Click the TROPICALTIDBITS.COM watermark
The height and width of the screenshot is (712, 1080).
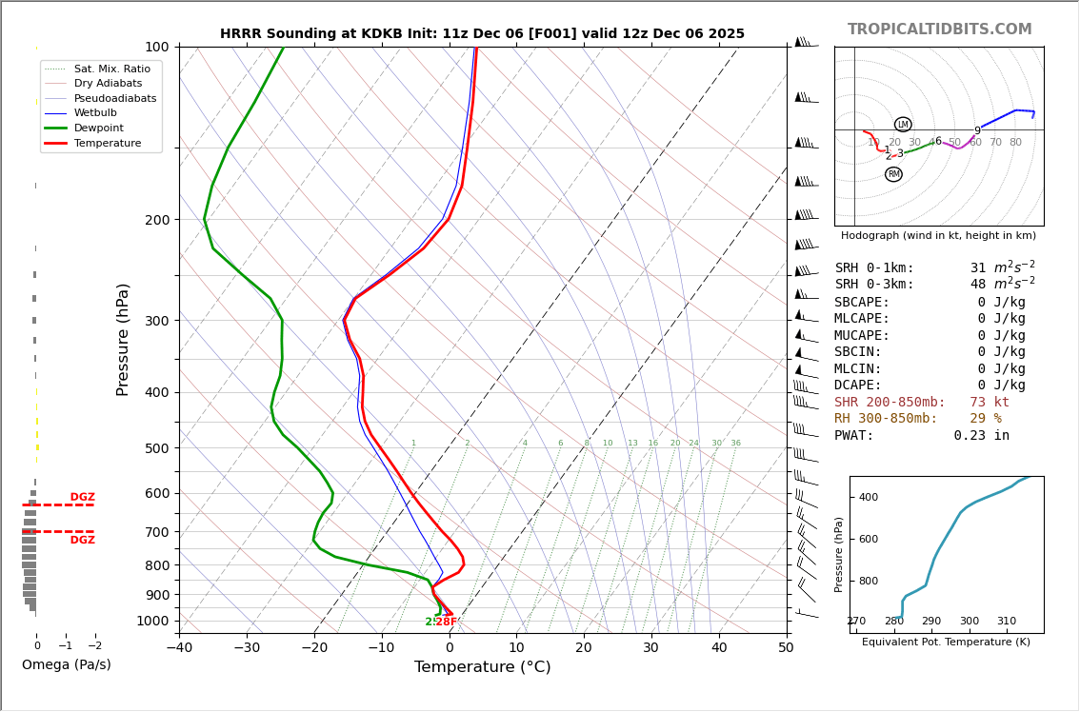pos(939,30)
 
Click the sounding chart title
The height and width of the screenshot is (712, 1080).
pos(482,34)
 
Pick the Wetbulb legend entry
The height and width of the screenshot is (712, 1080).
pos(95,113)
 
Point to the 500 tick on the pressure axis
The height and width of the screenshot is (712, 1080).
pos(156,448)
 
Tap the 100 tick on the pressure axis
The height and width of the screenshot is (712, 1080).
pos(156,47)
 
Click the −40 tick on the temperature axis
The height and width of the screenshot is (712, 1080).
pos(179,648)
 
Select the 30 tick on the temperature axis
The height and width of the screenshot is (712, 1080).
pos(651,648)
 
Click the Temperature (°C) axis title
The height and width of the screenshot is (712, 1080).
pos(482,667)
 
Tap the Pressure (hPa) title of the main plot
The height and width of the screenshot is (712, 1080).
pos(123,339)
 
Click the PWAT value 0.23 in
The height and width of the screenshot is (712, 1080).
pos(981,436)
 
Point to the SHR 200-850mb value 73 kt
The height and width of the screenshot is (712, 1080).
pos(990,403)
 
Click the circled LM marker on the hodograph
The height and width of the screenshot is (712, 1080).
pos(903,125)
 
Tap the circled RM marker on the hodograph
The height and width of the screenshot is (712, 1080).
pos(893,174)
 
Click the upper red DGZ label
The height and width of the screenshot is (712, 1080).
pos(82,498)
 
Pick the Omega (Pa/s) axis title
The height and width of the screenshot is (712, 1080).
pos(67,665)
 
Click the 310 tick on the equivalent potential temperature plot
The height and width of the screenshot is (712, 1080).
pos(1006,622)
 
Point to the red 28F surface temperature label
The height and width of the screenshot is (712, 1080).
pos(447,623)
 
